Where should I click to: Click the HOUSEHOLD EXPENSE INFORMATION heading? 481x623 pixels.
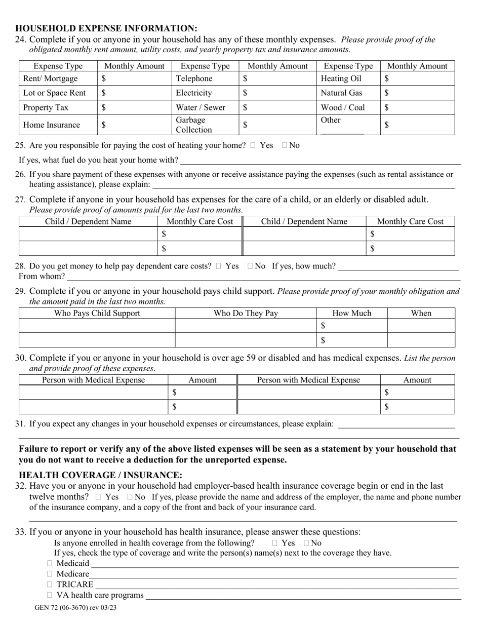pyautogui.click(x=106, y=28)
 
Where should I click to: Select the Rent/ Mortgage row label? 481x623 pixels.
pyautogui.click(x=51, y=79)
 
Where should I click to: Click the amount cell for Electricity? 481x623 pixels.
pyautogui.click(x=277, y=93)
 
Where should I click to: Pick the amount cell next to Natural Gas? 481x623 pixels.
pyautogui.click(x=418, y=93)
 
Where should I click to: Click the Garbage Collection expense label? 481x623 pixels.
pyautogui.click(x=194, y=125)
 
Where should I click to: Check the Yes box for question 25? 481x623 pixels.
pyautogui.click(x=253, y=145)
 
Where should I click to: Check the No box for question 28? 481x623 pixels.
pyautogui.click(x=250, y=266)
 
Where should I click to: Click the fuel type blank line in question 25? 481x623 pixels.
pyautogui.click(x=320, y=161)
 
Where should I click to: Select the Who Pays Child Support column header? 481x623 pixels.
pyautogui.click(x=97, y=313)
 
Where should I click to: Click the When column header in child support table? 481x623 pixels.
pyautogui.click(x=421, y=313)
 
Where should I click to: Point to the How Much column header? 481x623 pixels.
pyautogui.click(x=352, y=313)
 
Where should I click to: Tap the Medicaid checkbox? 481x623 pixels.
pyautogui.click(x=50, y=563)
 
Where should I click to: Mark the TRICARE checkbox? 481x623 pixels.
pyautogui.click(x=50, y=585)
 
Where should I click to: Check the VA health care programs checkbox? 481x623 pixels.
pyautogui.click(x=50, y=595)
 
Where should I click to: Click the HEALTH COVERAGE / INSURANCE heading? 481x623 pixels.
pyautogui.click(x=100, y=475)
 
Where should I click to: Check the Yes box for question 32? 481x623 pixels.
pyautogui.click(x=98, y=497)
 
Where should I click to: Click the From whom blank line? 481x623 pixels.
pyautogui.click(x=263, y=277)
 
